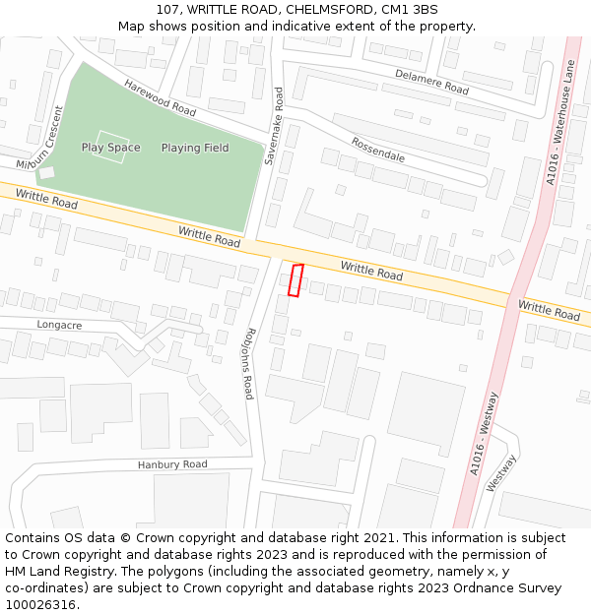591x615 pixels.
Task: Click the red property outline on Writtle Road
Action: click(295, 279)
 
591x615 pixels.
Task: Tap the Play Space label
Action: click(110, 148)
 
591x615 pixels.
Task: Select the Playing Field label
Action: click(195, 148)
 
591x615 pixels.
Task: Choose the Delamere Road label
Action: click(431, 82)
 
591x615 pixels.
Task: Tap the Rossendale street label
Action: click(377, 150)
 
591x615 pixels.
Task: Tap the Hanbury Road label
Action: click(172, 464)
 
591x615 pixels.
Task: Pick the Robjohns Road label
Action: click(250, 363)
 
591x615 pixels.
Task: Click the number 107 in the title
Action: click(165, 10)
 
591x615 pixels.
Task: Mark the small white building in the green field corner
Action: click(46, 172)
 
